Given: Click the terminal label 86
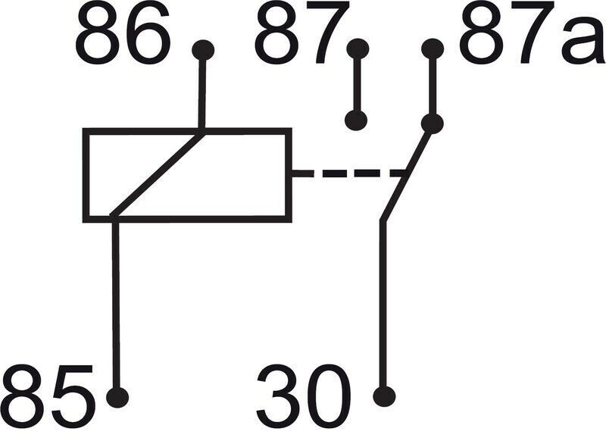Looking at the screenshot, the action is (x=123, y=35).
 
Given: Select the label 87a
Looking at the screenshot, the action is (x=532, y=33).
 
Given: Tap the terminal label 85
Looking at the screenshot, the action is (x=48, y=396).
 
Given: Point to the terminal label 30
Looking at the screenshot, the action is (x=304, y=396).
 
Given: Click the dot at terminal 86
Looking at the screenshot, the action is (x=203, y=50).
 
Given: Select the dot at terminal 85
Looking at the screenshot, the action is (x=117, y=397).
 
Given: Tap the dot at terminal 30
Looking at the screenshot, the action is (x=384, y=396).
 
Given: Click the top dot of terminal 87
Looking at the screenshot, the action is (x=358, y=49).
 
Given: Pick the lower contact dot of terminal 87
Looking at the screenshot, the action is (x=356, y=120).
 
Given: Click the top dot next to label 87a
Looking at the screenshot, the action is (x=433, y=49).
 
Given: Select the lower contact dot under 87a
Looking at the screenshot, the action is (x=432, y=124).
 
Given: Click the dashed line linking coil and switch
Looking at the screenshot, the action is (x=348, y=173).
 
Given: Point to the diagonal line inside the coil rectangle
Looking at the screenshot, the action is (x=158, y=174).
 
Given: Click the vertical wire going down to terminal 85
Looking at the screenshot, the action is (x=116, y=305).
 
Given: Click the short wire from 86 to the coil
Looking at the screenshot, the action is (x=201, y=91).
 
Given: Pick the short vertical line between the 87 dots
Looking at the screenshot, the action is (x=357, y=85).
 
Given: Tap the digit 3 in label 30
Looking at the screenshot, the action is (x=279, y=396).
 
